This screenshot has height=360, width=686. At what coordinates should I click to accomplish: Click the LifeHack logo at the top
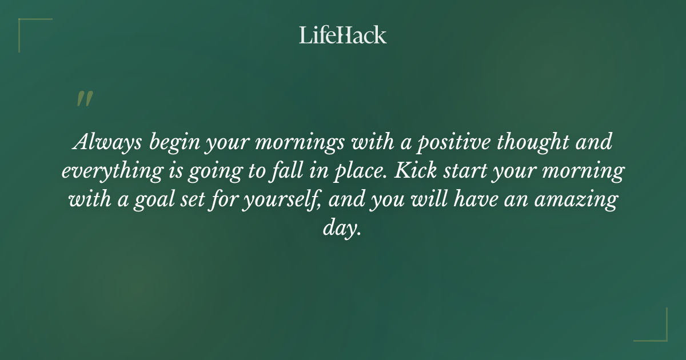click(x=342, y=35)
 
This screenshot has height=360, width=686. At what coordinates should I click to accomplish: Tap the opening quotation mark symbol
click(x=84, y=99)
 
